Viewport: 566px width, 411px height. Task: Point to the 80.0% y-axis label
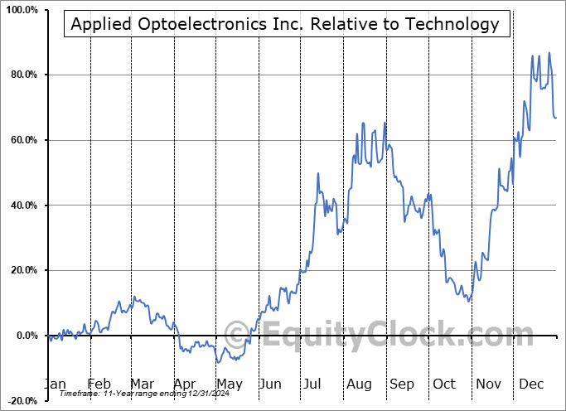pos(22,75)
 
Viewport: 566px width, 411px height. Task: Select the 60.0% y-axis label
pos(22,140)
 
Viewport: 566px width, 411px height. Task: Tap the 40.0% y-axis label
pos(22,205)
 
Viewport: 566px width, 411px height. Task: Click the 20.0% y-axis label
pos(22,270)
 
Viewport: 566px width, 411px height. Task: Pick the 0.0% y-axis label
pos(24,336)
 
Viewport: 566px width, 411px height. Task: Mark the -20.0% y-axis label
pos(20,400)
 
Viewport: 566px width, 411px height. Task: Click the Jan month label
pos(56,384)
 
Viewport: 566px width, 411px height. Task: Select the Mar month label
pos(142,384)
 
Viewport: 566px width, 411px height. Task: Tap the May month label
pos(229,384)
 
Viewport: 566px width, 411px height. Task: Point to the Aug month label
pos(359,384)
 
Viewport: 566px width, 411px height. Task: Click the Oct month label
pos(445,384)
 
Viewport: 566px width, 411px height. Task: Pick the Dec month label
pos(531,384)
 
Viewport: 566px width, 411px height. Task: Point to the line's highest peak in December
pos(549,53)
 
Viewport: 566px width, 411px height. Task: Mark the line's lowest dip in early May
pos(218,362)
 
